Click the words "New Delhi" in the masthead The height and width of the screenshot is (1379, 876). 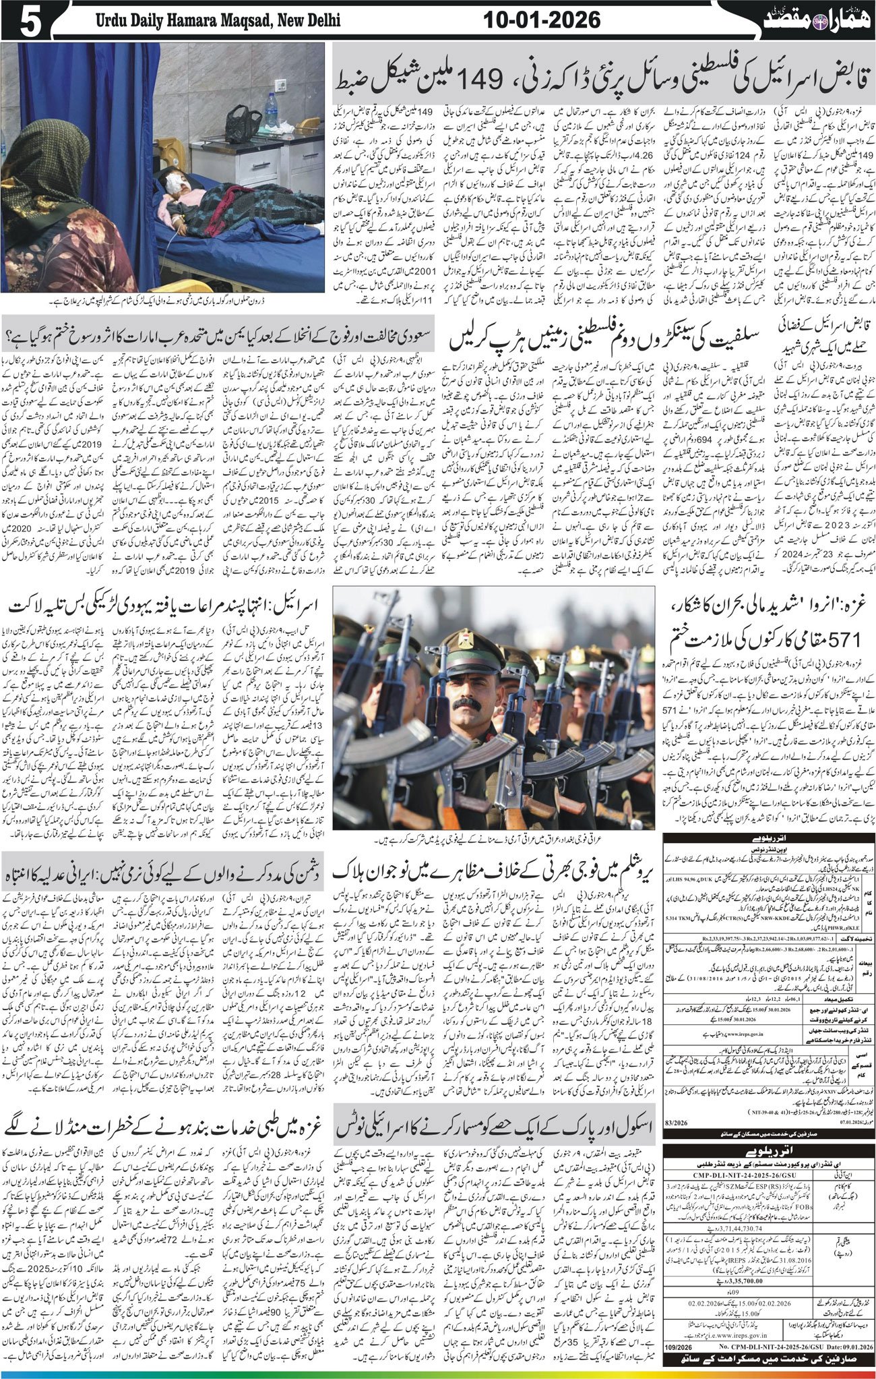307,21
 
